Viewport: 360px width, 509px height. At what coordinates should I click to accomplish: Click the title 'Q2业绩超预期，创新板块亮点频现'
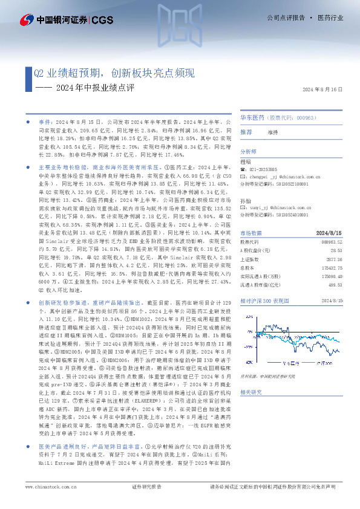click(x=114, y=73)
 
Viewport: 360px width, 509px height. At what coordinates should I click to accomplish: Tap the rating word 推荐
click(x=246, y=132)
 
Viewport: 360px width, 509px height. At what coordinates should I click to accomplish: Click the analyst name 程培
click(x=245, y=162)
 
